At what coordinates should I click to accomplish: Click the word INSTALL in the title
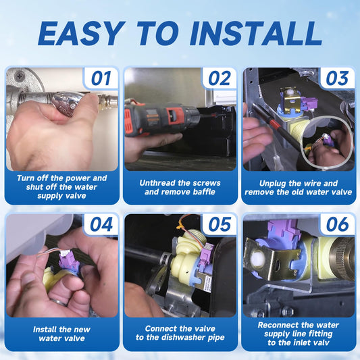255,34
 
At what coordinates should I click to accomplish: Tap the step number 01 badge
101,78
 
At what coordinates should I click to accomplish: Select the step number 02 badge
220,78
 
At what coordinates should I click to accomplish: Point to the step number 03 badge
337,78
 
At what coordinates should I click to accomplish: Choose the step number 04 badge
101,224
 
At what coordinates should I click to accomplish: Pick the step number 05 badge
220,224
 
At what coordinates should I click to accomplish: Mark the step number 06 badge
337,224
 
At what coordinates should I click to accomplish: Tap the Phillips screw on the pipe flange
20,74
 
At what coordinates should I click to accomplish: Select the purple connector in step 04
68,259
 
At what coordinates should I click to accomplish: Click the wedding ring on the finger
59,303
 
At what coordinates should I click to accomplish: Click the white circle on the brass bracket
257,259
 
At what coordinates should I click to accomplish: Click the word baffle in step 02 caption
204,192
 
